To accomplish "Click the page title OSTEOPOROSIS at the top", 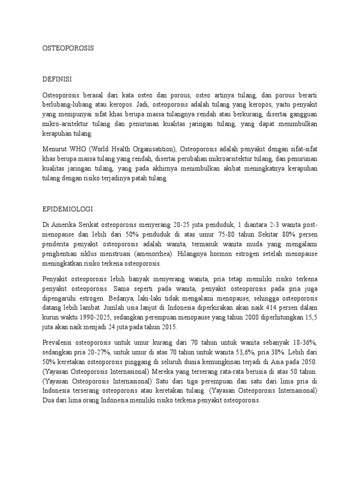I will click(68, 48).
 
